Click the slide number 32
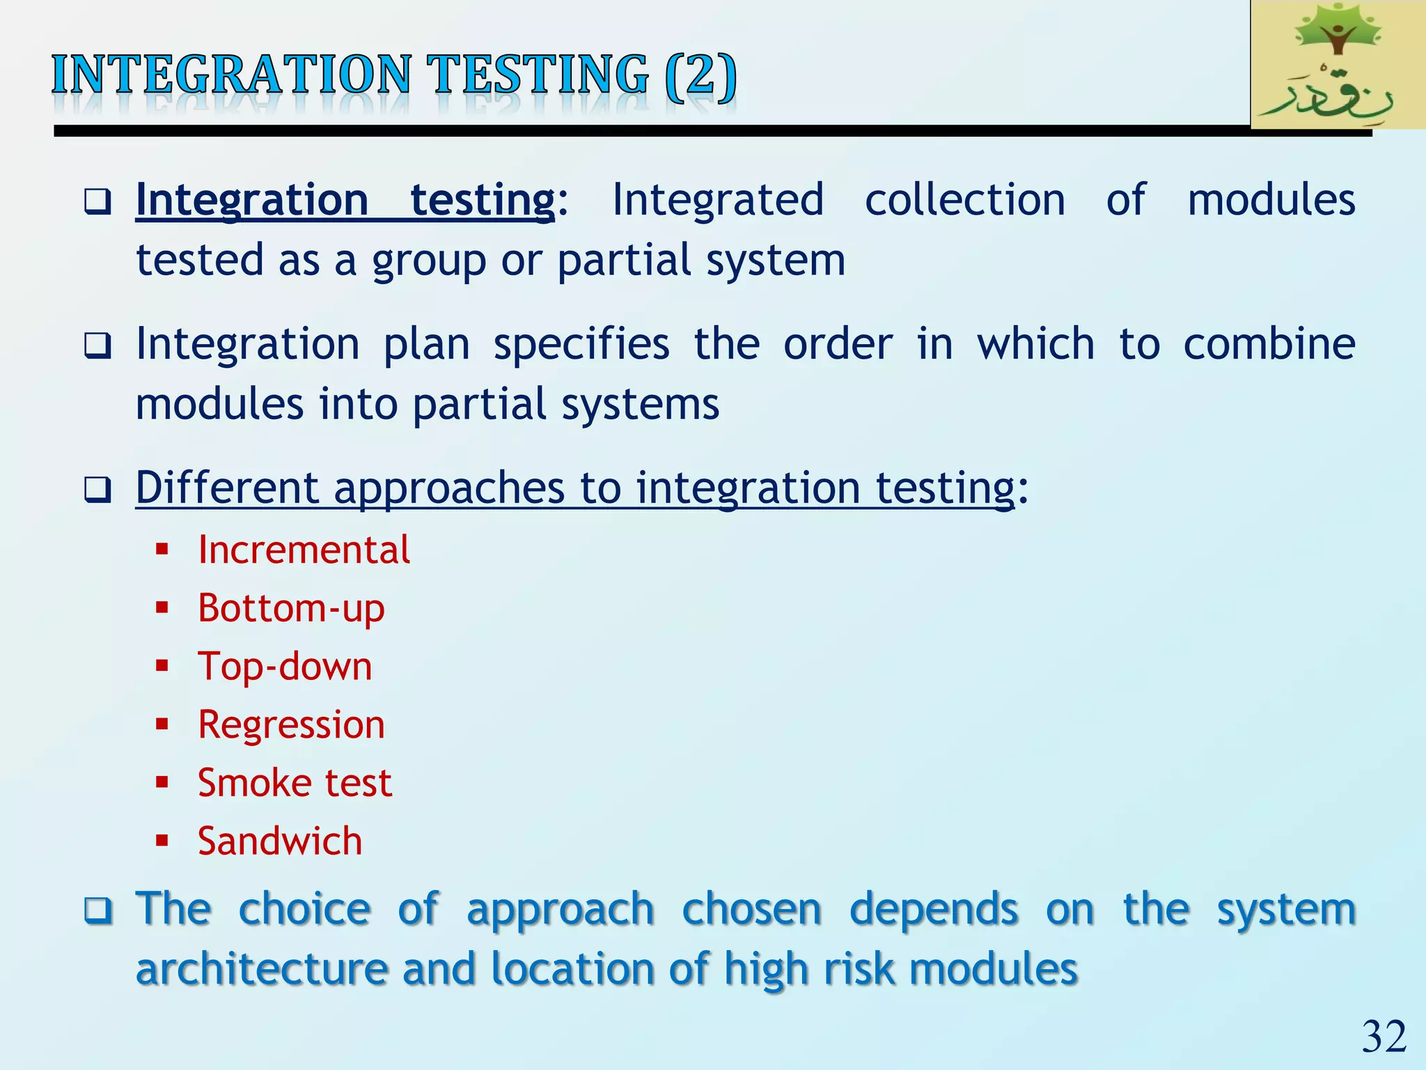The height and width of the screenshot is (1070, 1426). [1384, 1037]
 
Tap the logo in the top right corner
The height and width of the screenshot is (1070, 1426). [1337, 64]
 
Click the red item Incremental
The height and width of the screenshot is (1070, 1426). [304, 550]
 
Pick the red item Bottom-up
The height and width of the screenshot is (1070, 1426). [291, 608]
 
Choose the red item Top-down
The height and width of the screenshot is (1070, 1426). [285, 666]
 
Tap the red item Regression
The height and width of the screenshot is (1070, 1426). [291, 724]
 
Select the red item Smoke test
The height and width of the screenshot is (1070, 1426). [295, 782]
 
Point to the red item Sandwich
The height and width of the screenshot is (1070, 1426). [280, 841]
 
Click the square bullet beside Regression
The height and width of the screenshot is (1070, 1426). [162, 724]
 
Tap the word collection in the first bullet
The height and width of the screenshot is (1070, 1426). [964, 200]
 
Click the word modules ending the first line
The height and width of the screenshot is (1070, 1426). [1271, 200]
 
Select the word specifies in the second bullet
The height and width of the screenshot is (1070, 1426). [581, 344]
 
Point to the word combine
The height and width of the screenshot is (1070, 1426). [1269, 344]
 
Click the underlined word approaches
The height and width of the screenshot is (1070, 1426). [449, 488]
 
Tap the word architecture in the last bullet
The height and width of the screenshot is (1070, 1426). [262, 969]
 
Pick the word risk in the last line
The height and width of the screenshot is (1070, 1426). [859, 969]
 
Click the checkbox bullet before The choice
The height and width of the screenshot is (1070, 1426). [97, 910]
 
